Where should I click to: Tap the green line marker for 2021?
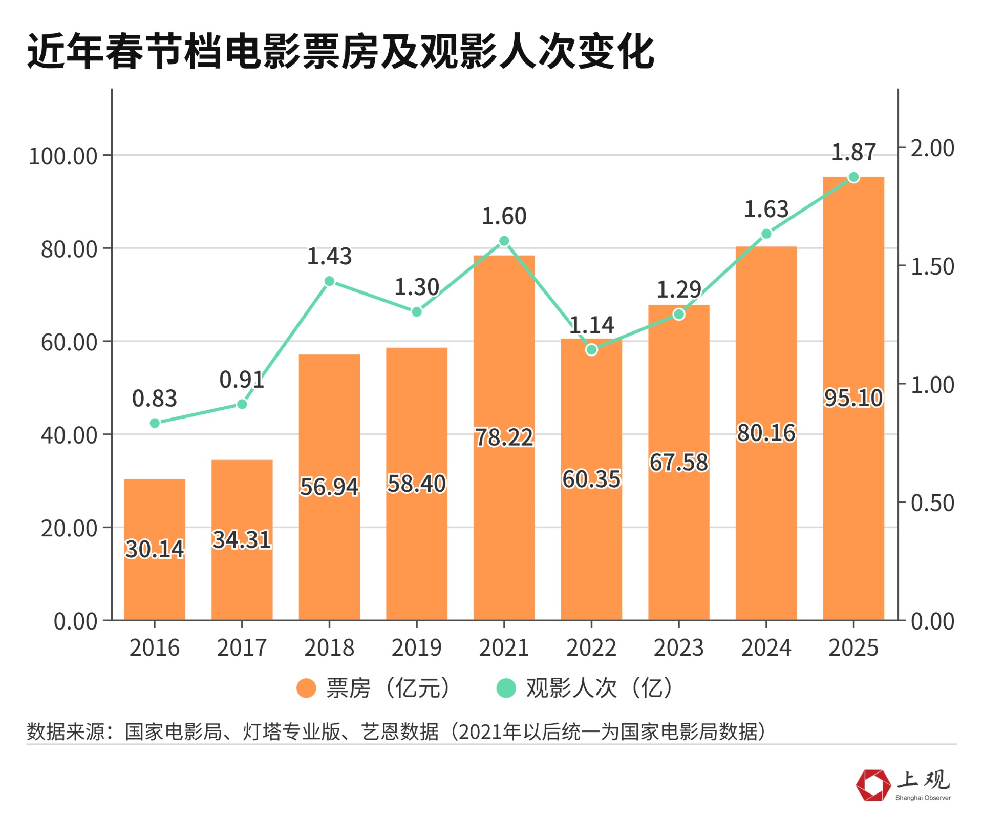coord(504,241)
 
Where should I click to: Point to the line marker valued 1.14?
coord(591,350)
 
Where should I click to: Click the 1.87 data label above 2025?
coord(853,153)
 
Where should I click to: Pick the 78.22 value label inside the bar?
coord(504,437)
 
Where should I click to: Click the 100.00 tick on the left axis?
coord(63,156)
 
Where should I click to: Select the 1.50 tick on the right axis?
coord(932,267)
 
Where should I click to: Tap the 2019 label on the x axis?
coord(416,648)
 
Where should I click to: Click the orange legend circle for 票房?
coord(306,688)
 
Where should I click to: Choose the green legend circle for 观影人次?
coord(506,688)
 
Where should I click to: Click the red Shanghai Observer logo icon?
coord(873,785)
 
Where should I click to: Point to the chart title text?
coord(340,51)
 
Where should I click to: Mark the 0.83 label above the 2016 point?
coord(154,399)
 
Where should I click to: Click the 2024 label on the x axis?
coord(766,648)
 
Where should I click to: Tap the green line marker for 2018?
coord(330,281)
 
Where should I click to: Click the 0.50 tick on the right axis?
coord(932,503)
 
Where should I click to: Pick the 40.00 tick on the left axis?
coord(69,435)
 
